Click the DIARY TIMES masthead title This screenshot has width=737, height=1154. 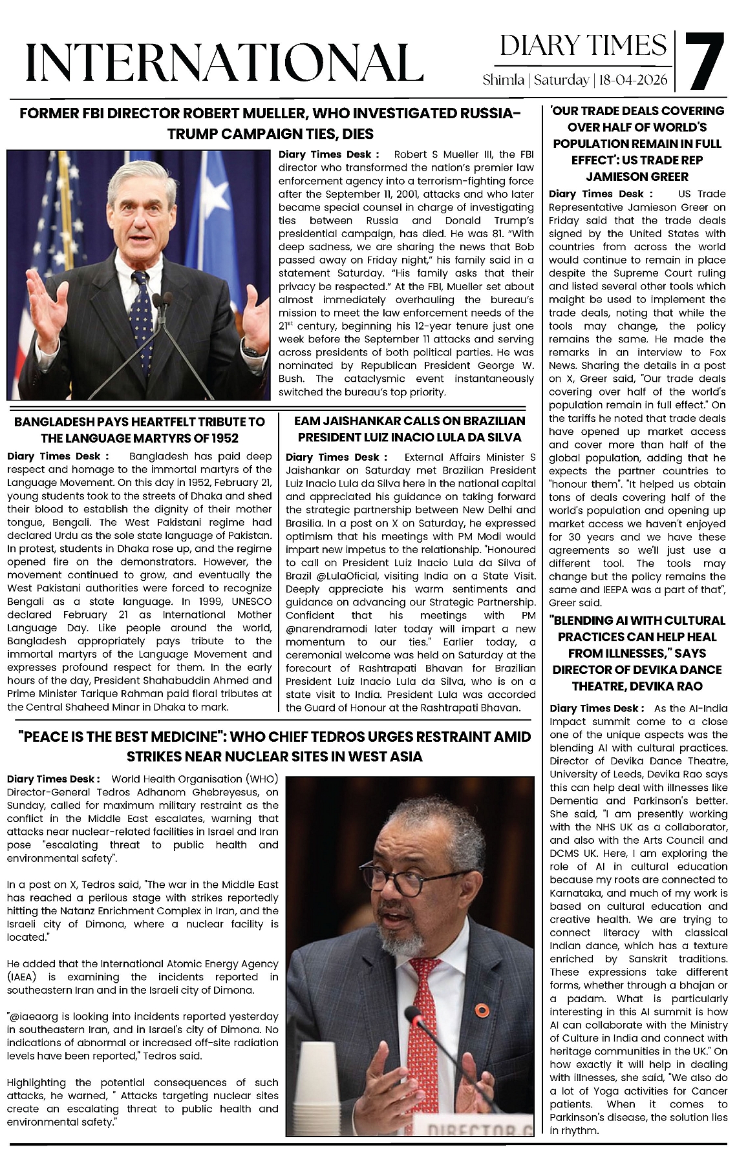click(x=583, y=46)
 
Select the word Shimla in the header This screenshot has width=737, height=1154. click(x=503, y=81)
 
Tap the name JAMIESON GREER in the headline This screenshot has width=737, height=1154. click(x=637, y=176)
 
